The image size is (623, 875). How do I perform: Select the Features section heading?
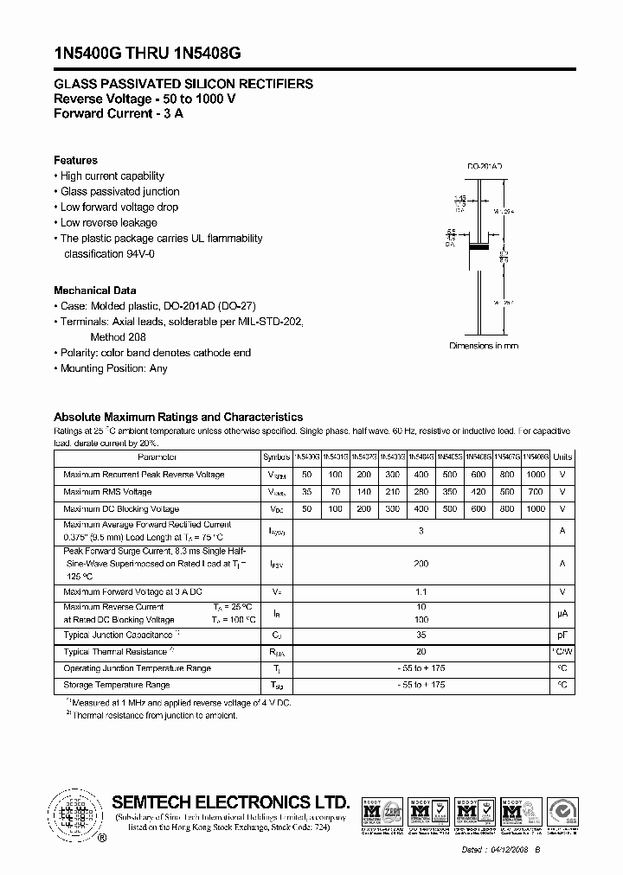tap(75, 160)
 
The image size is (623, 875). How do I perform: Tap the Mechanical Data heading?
tap(94, 291)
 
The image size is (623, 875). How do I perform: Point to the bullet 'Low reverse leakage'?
tap(108, 222)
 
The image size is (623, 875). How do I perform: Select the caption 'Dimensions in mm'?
tap(484, 346)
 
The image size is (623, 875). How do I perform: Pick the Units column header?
tap(562, 457)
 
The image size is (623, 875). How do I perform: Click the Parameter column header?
tap(157, 457)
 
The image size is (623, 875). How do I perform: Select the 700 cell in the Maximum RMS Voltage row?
tap(535, 492)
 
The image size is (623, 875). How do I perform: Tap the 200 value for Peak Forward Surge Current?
tap(421, 563)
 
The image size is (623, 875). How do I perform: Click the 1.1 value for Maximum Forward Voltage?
tap(421, 592)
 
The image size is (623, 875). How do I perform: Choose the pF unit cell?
tap(562, 635)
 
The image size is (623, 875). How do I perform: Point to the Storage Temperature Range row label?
tap(116, 685)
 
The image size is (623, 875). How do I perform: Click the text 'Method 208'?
tap(118, 337)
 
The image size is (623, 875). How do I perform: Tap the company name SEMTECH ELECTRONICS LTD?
tap(230, 801)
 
